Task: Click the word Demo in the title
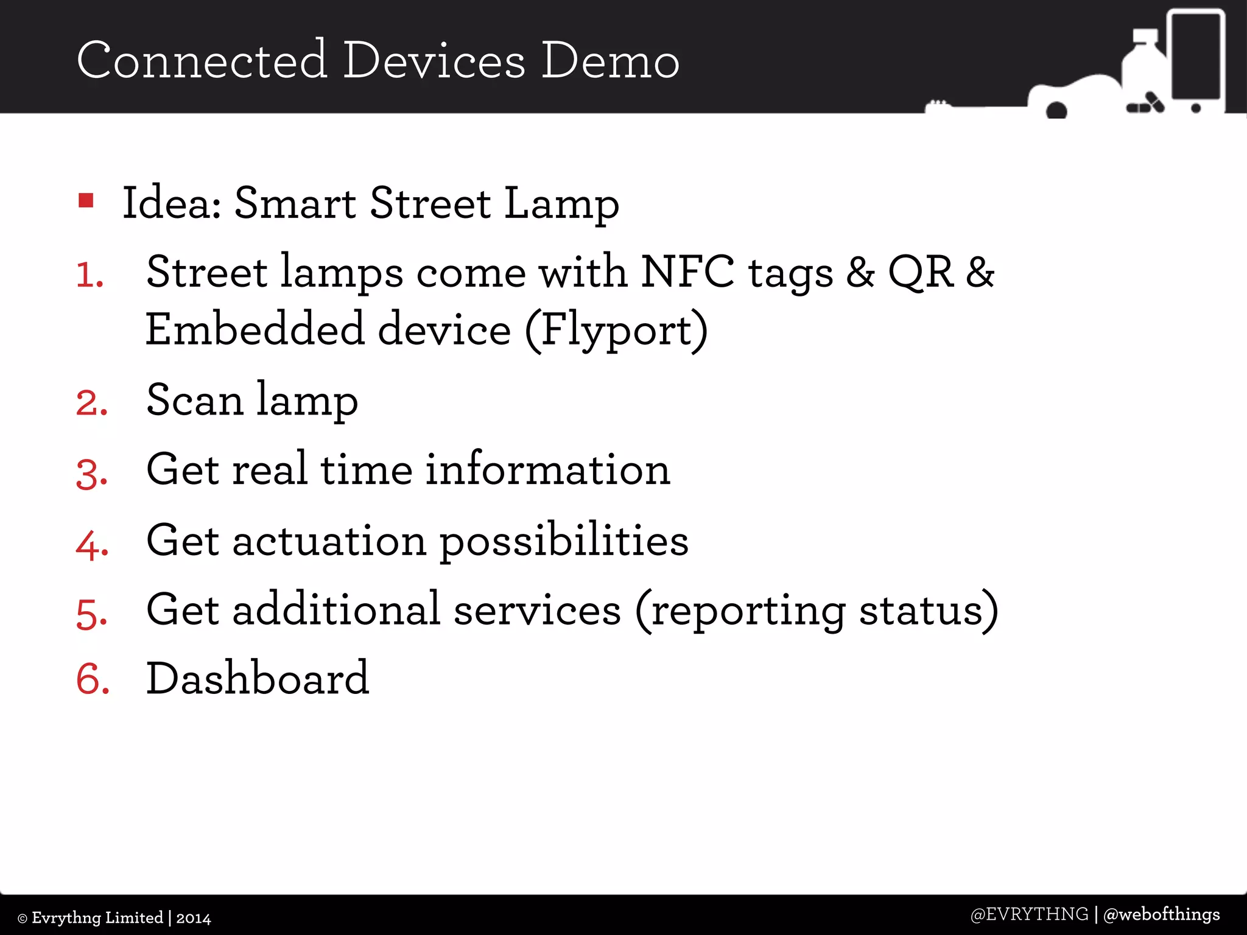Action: pyautogui.click(x=610, y=61)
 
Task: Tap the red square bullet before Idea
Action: pyautogui.click(x=86, y=200)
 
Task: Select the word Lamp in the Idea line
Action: pyautogui.click(x=561, y=205)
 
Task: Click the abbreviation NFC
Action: pyautogui.click(x=687, y=272)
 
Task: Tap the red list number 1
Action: pyautogui.click(x=90, y=275)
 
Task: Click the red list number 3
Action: pyautogui.click(x=92, y=474)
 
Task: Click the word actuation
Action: pyautogui.click(x=329, y=541)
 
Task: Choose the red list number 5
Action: pyautogui.click(x=92, y=613)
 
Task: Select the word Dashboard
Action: pyautogui.click(x=258, y=678)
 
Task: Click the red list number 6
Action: pyautogui.click(x=93, y=679)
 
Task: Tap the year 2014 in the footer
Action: pyautogui.click(x=194, y=918)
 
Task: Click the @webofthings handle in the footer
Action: pyautogui.click(x=1161, y=914)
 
